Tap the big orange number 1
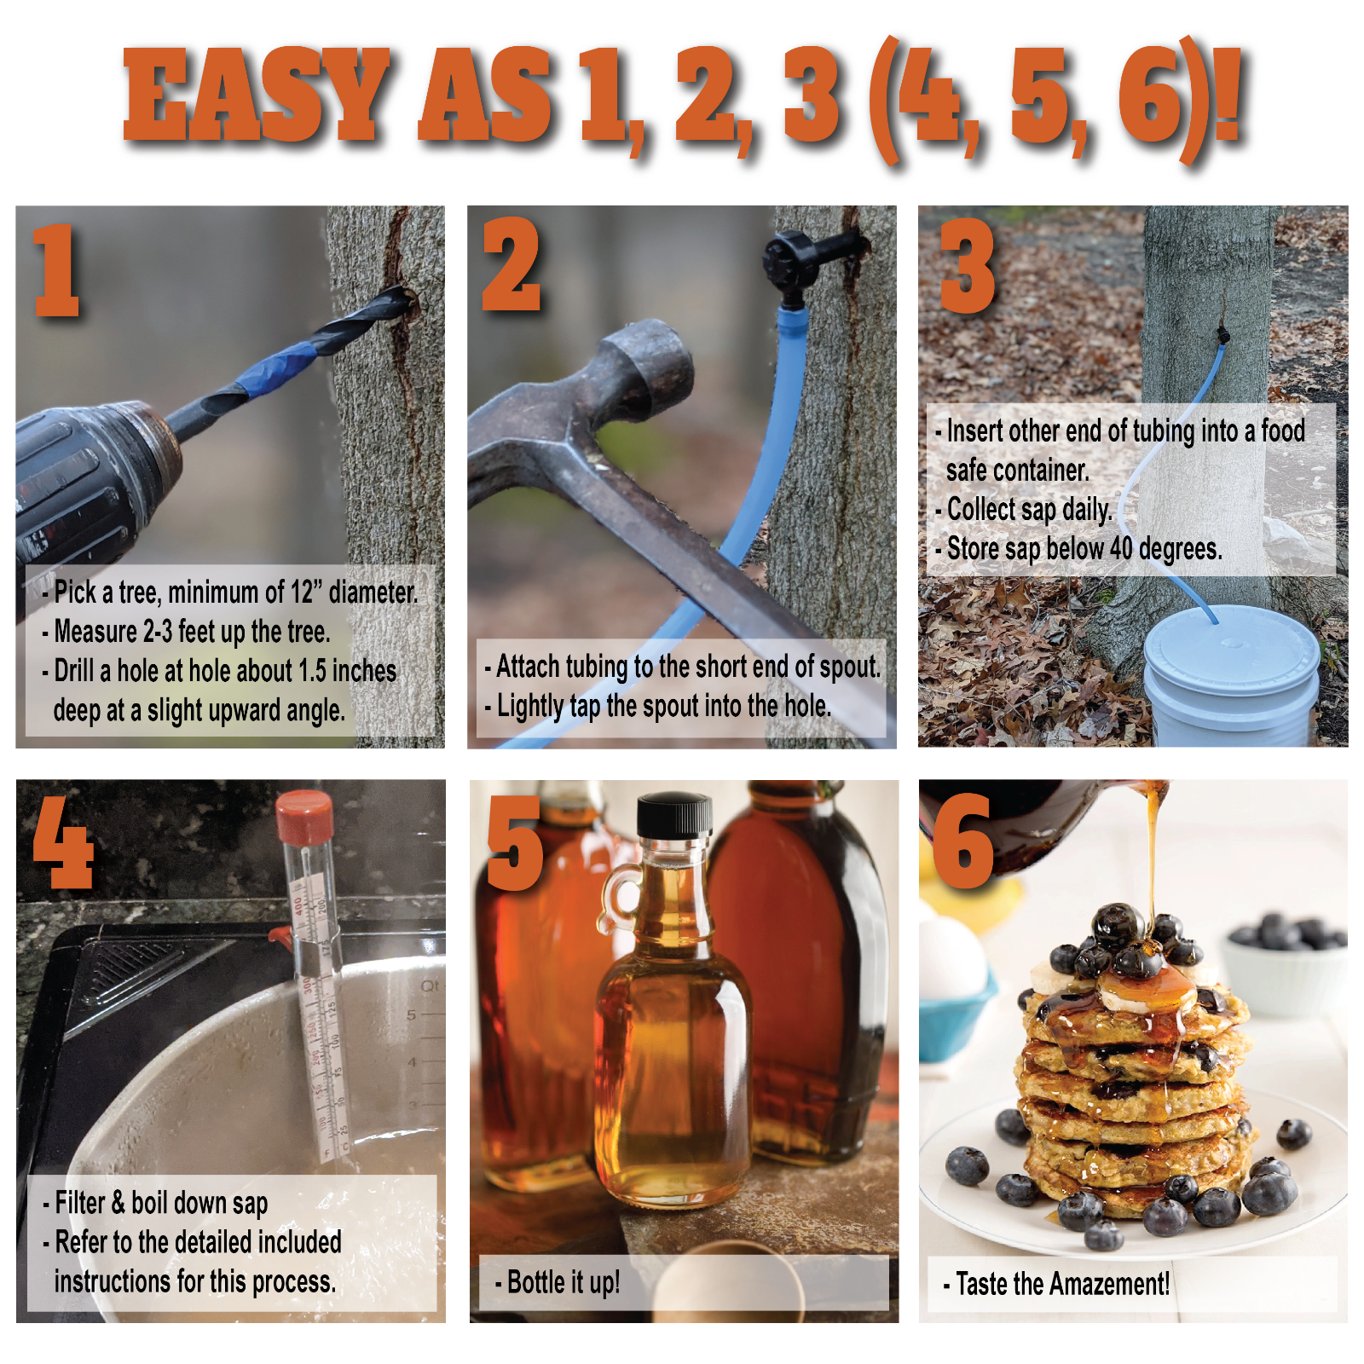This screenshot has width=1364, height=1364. (56, 271)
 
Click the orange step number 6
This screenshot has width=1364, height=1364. (963, 842)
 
